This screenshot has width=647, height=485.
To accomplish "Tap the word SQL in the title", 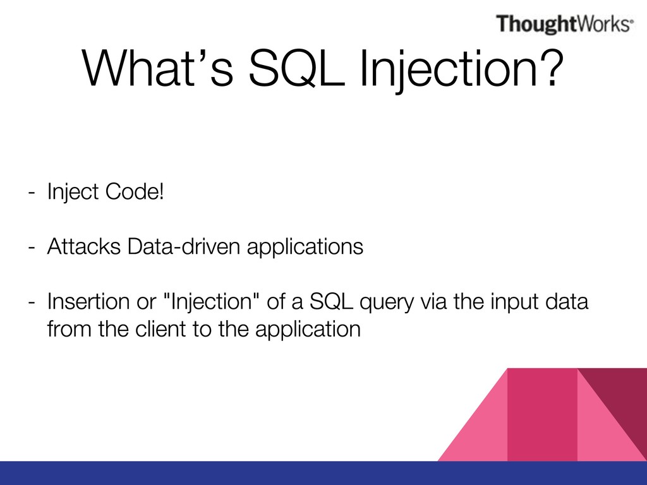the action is click(297, 68).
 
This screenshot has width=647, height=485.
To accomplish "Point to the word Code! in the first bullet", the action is click(135, 191).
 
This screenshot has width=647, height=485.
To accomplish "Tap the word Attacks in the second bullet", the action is click(84, 246).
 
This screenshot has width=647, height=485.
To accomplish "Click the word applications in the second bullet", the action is click(305, 248).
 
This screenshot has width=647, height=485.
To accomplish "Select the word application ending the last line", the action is click(308, 330).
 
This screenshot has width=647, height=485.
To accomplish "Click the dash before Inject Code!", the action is click(32, 193).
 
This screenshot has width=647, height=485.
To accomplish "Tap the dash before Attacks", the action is click(32, 248).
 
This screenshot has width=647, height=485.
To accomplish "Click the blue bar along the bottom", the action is click(323, 473).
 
